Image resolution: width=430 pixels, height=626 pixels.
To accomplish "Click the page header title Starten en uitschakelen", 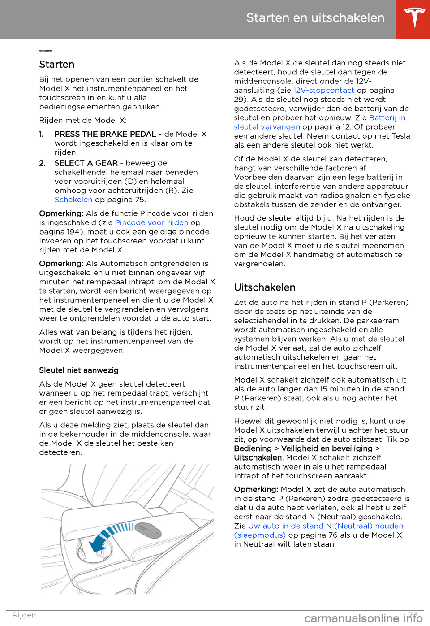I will [x=315, y=18].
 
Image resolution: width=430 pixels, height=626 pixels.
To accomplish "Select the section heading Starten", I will [x=57, y=65].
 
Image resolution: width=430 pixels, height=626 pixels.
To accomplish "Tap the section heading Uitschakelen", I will [x=265, y=287].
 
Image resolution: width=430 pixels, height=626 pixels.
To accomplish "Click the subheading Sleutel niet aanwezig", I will [x=79, y=370].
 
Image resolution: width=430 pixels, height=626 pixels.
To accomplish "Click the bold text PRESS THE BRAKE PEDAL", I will [x=105, y=134].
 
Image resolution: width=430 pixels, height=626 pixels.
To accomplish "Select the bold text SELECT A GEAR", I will [x=86, y=163].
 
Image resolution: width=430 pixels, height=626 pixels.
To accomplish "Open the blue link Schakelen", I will [x=73, y=200].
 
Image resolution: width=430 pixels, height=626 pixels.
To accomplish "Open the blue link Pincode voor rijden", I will [x=151, y=222].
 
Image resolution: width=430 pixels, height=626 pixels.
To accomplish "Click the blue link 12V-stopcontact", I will [x=323, y=90].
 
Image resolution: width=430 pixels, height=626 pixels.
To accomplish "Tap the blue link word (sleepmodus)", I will [x=260, y=535].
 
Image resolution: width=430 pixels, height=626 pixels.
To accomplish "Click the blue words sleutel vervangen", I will [x=267, y=127].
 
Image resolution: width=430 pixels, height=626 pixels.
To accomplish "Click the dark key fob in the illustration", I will [x=148, y=530].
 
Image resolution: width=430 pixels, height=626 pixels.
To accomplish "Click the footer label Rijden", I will [x=24, y=615].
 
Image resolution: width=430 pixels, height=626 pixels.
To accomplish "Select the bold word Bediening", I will [x=253, y=448].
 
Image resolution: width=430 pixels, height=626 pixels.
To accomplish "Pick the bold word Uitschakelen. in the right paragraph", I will [x=258, y=457].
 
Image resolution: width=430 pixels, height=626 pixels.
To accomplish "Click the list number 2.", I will [x=42, y=163].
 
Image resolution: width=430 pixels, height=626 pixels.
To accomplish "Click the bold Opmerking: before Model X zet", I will [x=256, y=489].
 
